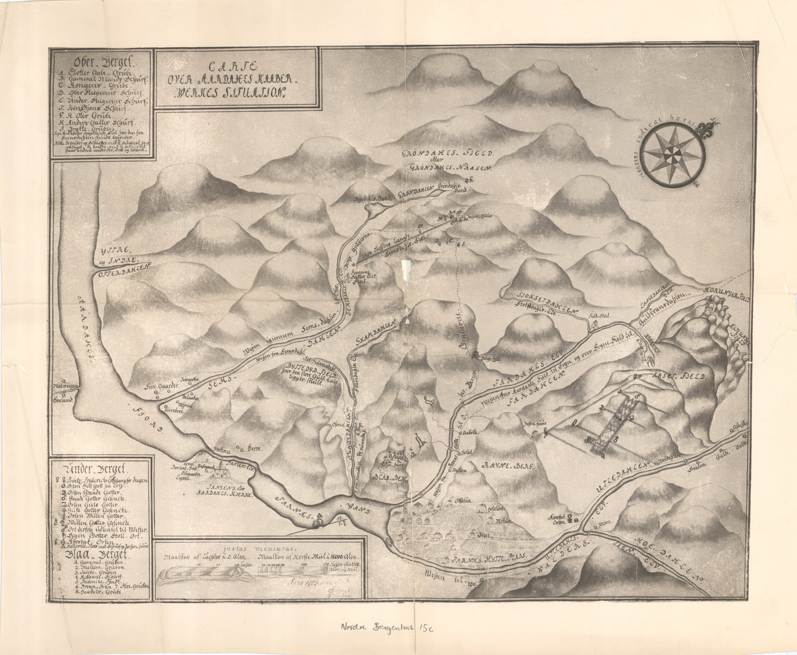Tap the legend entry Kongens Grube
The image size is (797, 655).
pyautogui.click(x=83, y=86)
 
